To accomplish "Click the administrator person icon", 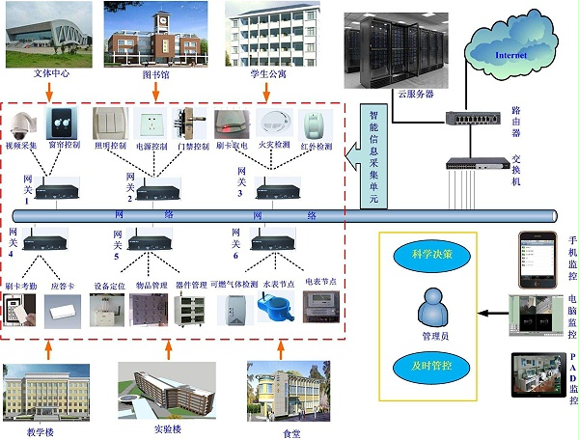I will click(x=431, y=312).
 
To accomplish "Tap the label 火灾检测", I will click(x=274, y=147).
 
